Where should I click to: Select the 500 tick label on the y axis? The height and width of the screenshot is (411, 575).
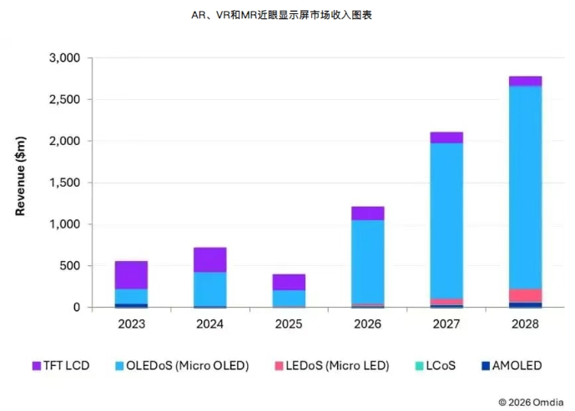click(x=69, y=266)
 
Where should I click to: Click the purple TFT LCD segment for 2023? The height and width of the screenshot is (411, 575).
click(x=131, y=275)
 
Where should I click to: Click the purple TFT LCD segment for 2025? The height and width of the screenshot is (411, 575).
click(x=288, y=282)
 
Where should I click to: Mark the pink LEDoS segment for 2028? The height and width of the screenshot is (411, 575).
click(x=524, y=295)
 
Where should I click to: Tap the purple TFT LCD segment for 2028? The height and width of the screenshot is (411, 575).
click(x=524, y=81)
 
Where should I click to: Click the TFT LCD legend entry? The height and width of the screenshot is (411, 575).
click(x=61, y=365)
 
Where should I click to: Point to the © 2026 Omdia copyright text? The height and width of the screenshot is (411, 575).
click(x=531, y=399)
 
